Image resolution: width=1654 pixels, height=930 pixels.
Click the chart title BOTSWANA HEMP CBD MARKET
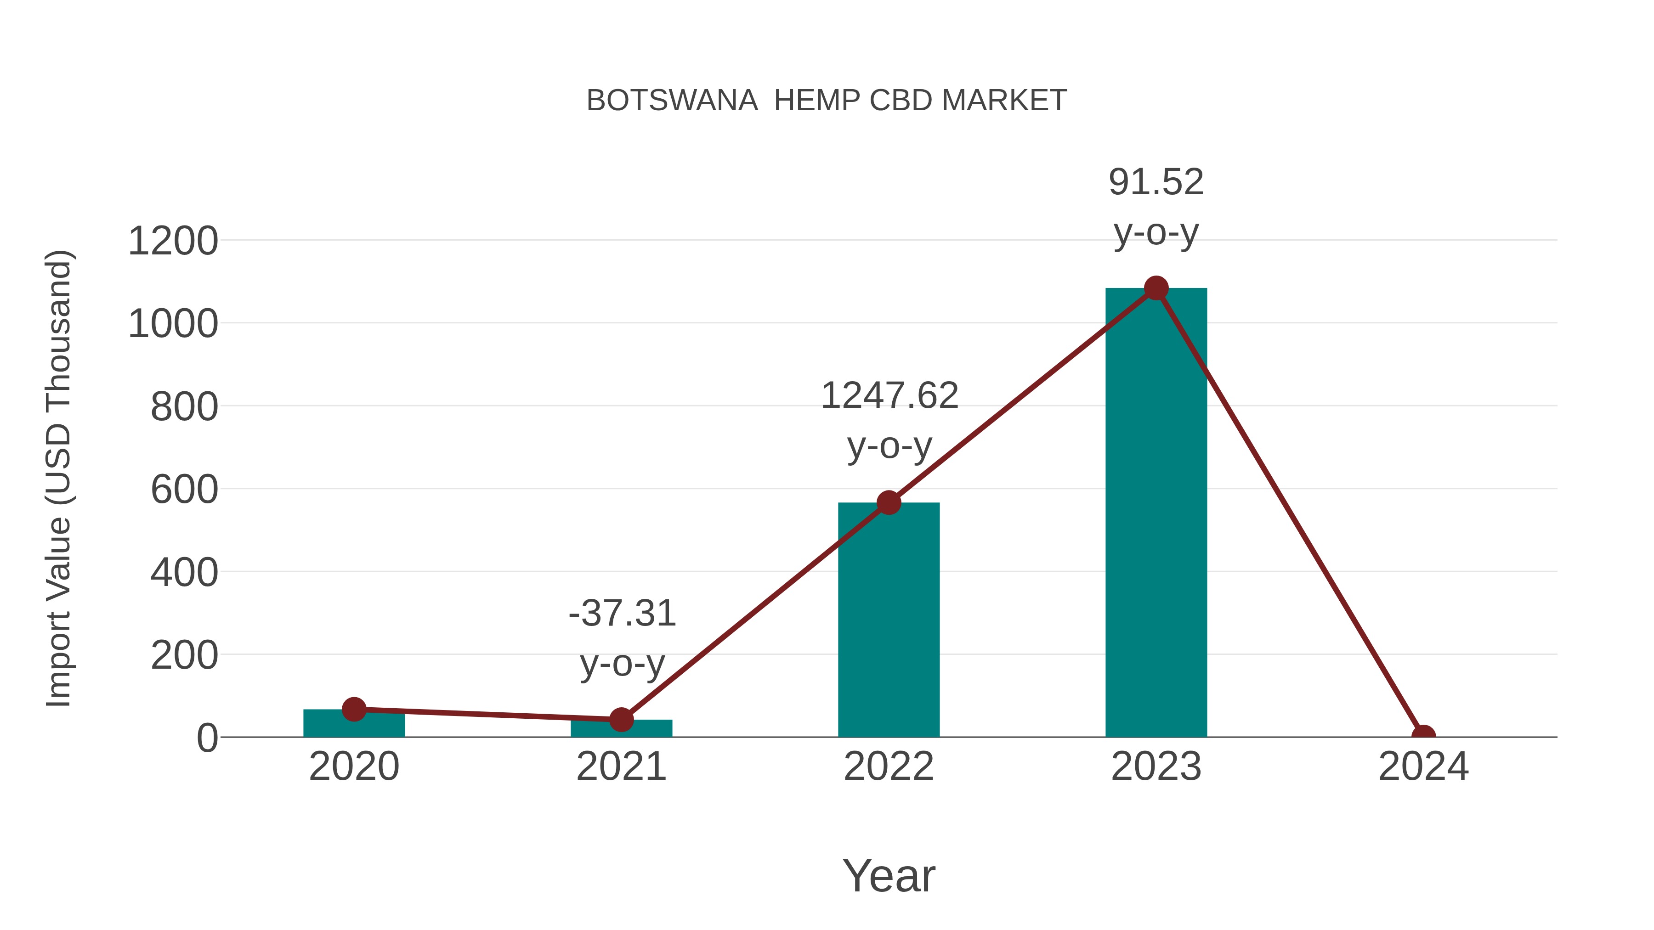(x=827, y=101)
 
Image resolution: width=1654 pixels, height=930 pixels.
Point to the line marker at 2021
(x=621, y=720)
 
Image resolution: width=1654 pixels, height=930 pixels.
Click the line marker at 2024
(x=1423, y=736)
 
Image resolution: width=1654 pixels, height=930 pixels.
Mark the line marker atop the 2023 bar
(x=1156, y=288)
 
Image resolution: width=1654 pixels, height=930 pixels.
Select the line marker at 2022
(x=889, y=502)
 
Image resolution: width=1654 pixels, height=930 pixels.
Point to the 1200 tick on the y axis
(x=173, y=242)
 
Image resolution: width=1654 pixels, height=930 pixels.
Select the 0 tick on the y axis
(x=207, y=738)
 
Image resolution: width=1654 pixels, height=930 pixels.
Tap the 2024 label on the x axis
(x=1423, y=767)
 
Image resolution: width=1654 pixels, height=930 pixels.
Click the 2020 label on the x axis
(x=354, y=767)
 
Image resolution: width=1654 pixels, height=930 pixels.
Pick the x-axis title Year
(x=889, y=875)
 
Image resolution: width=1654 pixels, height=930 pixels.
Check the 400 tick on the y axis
(x=184, y=573)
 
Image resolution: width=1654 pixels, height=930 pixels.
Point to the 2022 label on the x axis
(x=889, y=767)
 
